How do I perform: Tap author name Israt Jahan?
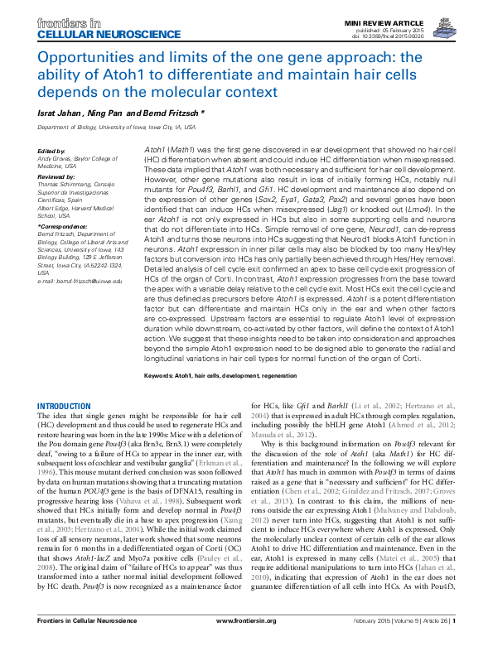point(60,111)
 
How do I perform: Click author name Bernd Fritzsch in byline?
point(165,111)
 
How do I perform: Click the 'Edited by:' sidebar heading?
point(51,150)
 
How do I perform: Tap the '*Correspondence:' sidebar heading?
point(61,224)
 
